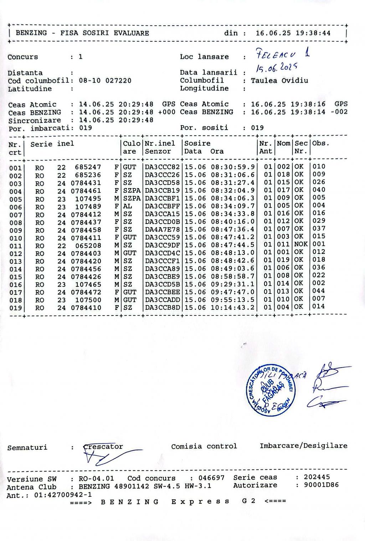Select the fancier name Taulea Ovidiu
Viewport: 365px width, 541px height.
pos(279,80)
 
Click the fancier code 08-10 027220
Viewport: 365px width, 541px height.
pos(105,80)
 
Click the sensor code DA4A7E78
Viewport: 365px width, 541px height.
pos(163,229)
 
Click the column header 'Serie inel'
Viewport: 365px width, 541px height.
pos(52,144)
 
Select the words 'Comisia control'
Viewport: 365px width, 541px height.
pos(204,446)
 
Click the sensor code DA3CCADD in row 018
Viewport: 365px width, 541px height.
pos(163,300)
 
